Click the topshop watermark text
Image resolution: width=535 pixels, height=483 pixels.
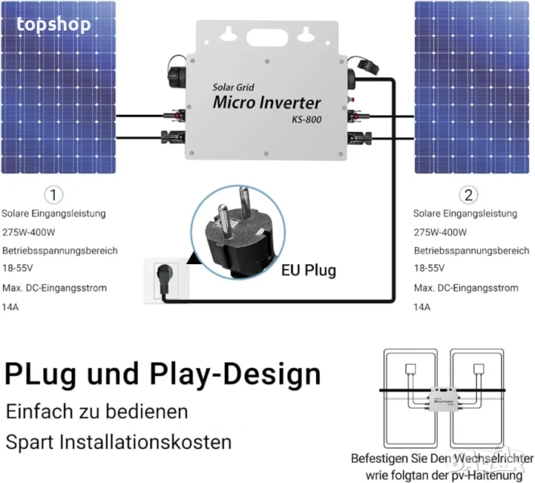[x=54, y=24]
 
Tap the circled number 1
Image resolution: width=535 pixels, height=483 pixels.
[x=54, y=194]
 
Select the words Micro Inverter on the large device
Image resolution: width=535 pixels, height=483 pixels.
[x=267, y=102]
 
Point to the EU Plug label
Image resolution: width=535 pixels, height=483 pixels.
[x=309, y=270]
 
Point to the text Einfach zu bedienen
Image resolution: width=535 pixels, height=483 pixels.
[x=97, y=412]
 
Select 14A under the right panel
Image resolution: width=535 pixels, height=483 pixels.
[x=421, y=307]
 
